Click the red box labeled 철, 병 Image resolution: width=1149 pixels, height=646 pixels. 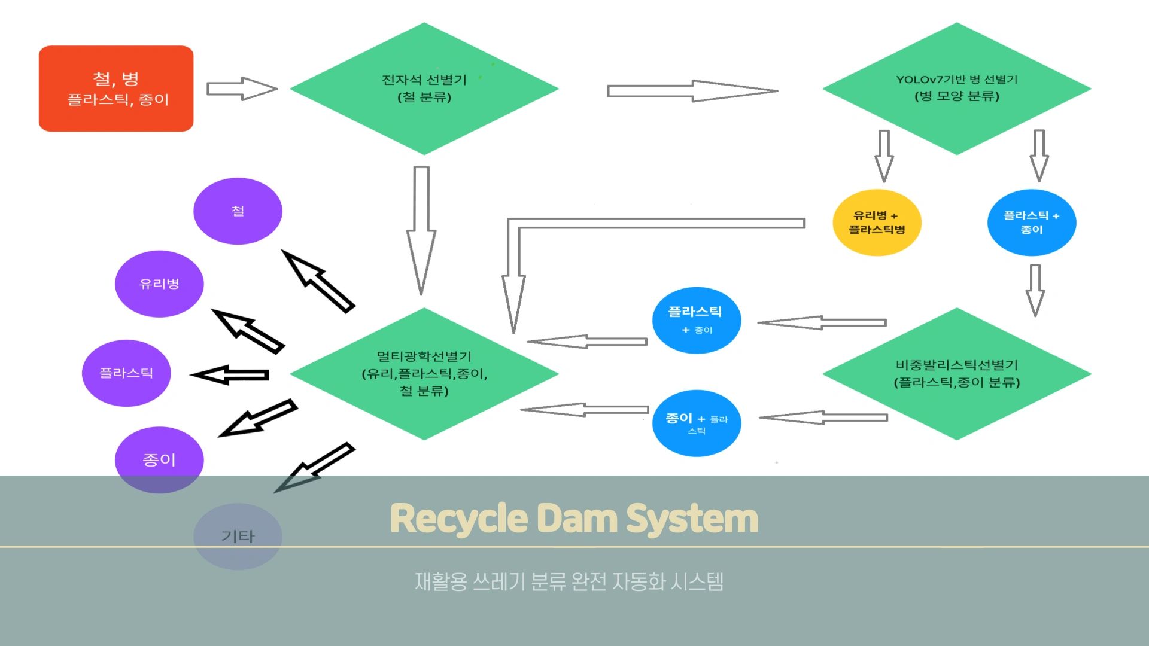116,89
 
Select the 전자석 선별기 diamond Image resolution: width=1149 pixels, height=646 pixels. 424,89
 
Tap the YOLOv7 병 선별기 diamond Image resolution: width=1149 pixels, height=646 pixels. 956,89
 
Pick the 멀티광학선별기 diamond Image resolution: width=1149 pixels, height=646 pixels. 424,374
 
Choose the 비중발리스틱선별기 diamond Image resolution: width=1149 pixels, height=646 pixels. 956,374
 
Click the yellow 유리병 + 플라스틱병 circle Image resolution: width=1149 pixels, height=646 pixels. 877,223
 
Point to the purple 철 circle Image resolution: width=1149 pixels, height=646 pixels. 238,211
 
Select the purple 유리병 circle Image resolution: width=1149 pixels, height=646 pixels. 159,284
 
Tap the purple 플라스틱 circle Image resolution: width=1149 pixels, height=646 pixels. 126,373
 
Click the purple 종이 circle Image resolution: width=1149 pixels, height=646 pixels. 159,459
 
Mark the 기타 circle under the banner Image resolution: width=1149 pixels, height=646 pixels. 238,536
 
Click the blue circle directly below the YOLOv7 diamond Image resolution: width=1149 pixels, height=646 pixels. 1031,223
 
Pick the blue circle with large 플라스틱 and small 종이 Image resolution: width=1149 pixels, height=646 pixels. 697,320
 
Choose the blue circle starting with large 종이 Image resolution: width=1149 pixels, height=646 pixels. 697,423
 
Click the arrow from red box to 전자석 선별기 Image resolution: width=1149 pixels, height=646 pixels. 242,89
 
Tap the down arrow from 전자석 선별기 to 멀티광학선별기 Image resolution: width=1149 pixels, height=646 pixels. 421,230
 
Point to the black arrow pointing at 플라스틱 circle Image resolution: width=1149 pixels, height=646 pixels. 230,375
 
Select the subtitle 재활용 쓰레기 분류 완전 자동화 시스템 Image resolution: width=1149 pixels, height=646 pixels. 569,581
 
